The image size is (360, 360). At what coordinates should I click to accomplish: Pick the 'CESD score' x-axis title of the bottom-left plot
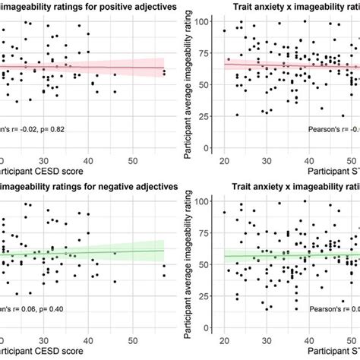53,351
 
